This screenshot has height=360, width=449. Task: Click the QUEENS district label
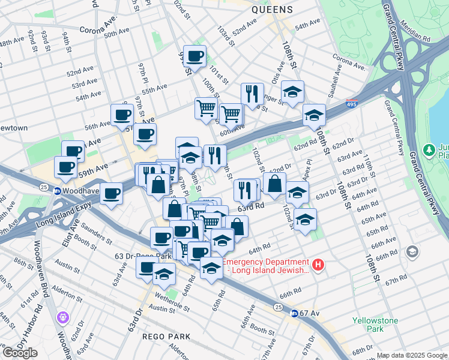(x=272, y=10)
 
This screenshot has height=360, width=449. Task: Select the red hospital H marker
(x=319, y=264)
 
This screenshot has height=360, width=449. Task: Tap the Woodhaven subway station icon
(x=58, y=191)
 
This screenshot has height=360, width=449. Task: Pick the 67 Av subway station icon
(x=295, y=313)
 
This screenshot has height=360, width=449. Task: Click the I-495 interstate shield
(x=352, y=104)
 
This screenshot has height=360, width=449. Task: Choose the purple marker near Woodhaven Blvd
(x=62, y=317)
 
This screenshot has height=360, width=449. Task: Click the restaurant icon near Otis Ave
(x=253, y=94)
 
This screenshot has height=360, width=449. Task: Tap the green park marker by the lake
(x=429, y=149)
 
